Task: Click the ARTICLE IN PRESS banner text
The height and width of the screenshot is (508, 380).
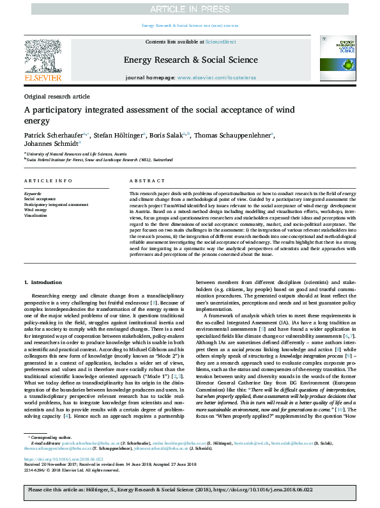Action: click(190, 9)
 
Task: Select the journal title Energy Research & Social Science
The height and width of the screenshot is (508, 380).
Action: click(190, 60)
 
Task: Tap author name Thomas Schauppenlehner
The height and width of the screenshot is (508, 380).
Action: click(234, 136)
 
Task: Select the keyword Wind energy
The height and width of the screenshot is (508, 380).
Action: click(36, 209)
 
